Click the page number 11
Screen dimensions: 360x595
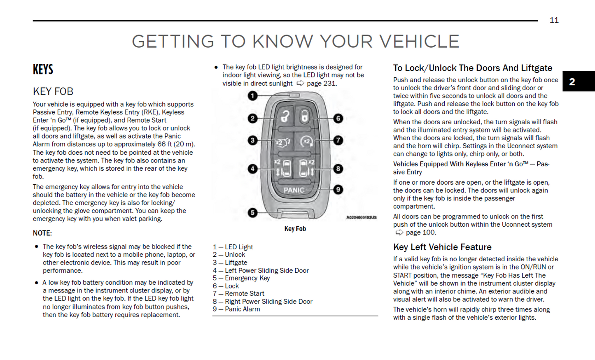click(x=554, y=20)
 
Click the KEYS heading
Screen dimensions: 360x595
click(x=43, y=69)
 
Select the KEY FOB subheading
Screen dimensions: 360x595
click(x=53, y=91)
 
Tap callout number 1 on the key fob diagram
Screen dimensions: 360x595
click(x=252, y=96)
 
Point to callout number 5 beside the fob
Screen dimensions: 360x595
click(x=252, y=213)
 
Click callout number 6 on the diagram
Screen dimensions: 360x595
click(x=338, y=118)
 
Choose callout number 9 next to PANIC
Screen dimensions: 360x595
click(x=338, y=190)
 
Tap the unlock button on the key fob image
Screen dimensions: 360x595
click(x=285, y=117)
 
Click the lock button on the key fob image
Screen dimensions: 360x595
click(x=304, y=117)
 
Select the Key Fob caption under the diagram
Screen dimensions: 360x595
click(x=295, y=229)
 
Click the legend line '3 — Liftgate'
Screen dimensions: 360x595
click(x=230, y=262)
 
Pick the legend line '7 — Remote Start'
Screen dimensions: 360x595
click(x=238, y=293)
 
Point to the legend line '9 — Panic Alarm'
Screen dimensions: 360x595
click(x=236, y=309)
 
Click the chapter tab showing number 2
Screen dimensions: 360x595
click(x=572, y=81)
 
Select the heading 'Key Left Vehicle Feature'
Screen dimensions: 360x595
click(x=442, y=247)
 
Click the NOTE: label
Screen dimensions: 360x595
click(x=42, y=233)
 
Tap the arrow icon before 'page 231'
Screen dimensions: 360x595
click(x=301, y=83)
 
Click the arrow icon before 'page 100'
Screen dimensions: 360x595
click(x=399, y=232)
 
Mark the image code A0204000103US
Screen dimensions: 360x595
click(x=361, y=217)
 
